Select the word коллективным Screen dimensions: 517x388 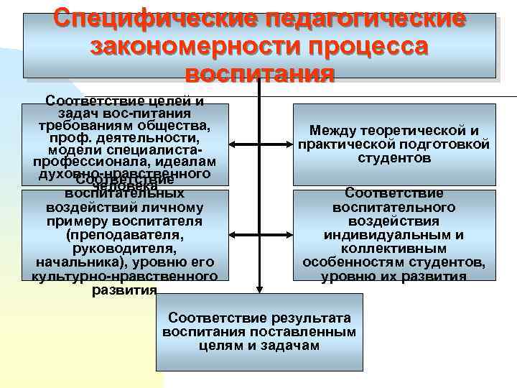coord(393,249)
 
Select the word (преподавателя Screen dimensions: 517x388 coord(124,234)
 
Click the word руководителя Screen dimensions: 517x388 coord(124,248)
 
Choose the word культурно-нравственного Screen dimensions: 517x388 coord(124,277)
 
